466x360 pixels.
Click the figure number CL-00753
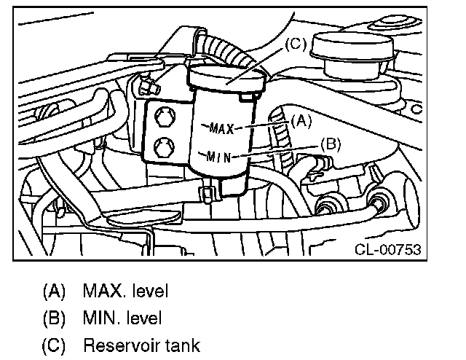tap(387, 249)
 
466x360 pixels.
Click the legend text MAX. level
tap(125, 291)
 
